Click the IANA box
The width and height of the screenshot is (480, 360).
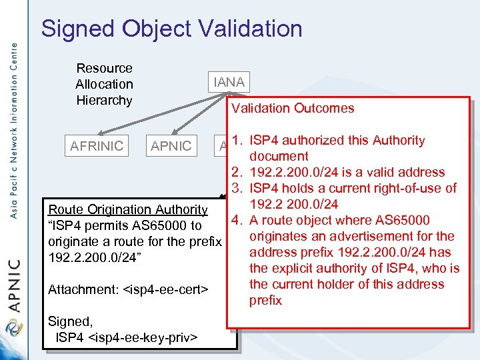(x=229, y=82)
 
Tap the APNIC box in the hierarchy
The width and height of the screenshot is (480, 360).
(x=171, y=145)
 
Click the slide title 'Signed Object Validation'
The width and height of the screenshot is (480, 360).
(x=171, y=29)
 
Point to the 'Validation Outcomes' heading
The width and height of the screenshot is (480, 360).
(x=293, y=108)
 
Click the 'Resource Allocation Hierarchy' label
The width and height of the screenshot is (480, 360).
(x=104, y=84)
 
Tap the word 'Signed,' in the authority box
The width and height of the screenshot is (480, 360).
(x=69, y=321)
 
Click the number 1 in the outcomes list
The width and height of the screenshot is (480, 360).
(x=237, y=141)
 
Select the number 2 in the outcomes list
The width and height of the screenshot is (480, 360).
(x=237, y=172)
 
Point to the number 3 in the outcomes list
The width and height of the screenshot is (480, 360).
(x=237, y=188)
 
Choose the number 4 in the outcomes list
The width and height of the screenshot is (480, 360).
(x=237, y=220)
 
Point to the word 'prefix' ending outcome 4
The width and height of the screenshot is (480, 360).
(x=265, y=300)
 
